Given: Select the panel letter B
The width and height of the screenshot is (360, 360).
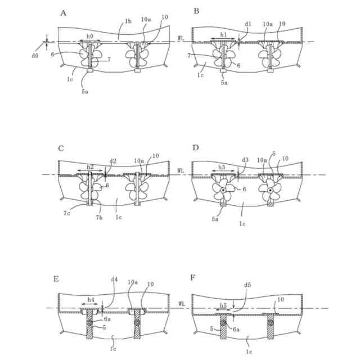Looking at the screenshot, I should pyautogui.click(x=196, y=11).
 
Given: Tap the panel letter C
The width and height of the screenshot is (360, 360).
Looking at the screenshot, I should pyautogui.click(x=61, y=148).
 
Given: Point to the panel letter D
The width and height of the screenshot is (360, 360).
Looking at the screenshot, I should pyautogui.click(x=196, y=148).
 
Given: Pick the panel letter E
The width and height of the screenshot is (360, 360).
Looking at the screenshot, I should pyautogui.click(x=56, y=279).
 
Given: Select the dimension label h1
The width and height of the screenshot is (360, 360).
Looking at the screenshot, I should pyautogui.click(x=223, y=35).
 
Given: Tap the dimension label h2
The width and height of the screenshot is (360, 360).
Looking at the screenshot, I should pyautogui.click(x=91, y=167).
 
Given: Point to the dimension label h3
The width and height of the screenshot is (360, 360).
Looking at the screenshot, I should pyautogui.click(x=222, y=167).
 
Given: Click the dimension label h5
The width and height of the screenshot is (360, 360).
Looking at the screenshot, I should pyautogui.click(x=223, y=305).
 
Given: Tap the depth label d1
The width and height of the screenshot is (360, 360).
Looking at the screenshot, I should pyautogui.click(x=248, y=24).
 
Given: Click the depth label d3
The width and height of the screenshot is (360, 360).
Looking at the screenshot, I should pyautogui.click(x=245, y=160).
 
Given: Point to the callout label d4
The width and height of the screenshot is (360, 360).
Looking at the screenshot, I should pyautogui.click(x=114, y=279).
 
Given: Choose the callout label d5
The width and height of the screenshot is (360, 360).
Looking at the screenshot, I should pyautogui.click(x=247, y=285).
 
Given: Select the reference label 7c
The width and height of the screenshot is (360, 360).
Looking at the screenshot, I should pyautogui.click(x=66, y=213).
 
